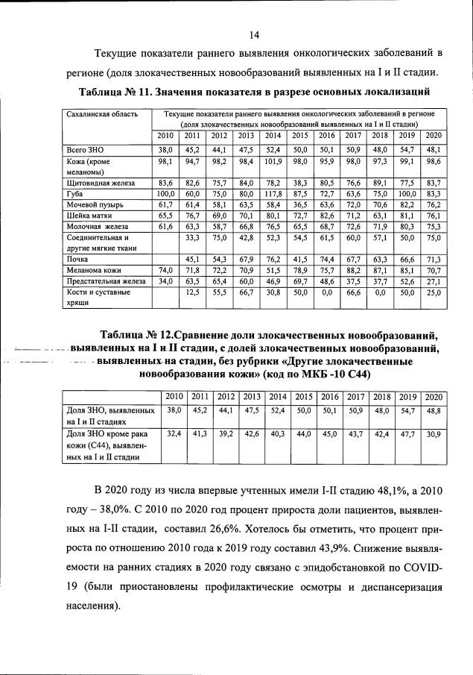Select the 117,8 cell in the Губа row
tap(273, 192)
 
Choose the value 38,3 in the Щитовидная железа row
tap(299, 182)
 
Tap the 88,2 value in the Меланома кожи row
tap(352, 271)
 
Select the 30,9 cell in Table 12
tap(434, 433)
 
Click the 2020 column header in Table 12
tap(434, 396)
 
